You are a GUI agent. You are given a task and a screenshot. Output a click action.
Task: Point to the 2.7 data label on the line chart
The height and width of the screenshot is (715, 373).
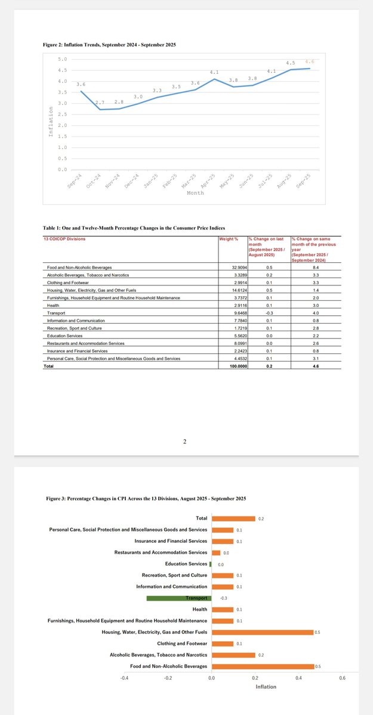pos(100,103)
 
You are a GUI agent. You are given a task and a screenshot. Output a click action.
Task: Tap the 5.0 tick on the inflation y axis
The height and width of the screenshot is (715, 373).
pos(63,59)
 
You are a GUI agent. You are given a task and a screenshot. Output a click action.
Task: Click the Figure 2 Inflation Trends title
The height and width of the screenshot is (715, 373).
pos(109,45)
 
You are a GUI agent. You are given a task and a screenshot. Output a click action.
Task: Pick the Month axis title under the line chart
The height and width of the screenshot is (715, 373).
pos(195,193)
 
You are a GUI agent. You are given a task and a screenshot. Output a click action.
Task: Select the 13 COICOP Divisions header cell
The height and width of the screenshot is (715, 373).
pos(65,239)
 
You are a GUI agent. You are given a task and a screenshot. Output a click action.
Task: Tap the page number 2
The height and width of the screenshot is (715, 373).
pos(185,442)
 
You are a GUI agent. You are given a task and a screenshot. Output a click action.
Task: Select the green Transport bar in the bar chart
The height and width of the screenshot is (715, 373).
pos(179,598)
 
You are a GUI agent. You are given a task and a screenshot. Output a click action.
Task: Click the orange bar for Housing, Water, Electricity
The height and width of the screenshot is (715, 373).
pos(263,632)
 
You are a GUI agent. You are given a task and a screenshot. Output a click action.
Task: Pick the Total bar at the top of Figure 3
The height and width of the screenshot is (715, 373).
pos(233,518)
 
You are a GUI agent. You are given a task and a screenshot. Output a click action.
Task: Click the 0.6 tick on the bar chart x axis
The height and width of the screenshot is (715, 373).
pos(342,677)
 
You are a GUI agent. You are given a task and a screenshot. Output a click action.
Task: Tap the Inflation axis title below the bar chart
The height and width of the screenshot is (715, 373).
pos(266,687)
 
